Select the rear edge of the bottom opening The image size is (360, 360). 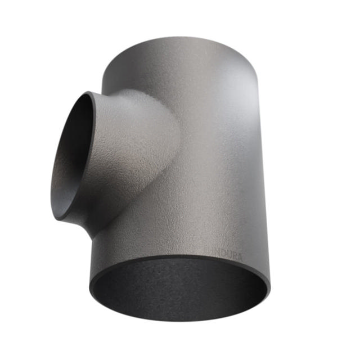tap(180, 258)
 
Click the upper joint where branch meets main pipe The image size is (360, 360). tap(121, 93)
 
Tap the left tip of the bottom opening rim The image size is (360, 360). tap(89, 287)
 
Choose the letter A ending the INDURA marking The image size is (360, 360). tap(240, 256)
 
